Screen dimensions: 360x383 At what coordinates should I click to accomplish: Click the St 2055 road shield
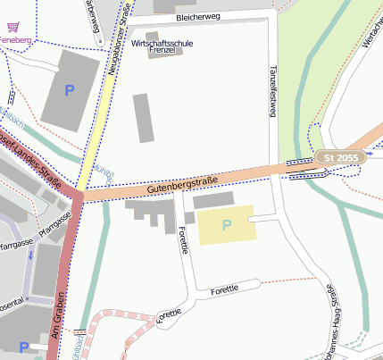tap(340, 158)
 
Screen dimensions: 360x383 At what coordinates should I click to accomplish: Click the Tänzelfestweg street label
tap(274, 89)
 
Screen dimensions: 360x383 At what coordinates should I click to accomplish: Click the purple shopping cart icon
tap(12, 29)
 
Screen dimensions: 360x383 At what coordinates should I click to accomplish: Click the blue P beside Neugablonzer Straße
tap(70, 90)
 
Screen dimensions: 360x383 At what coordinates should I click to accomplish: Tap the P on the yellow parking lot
tap(226, 225)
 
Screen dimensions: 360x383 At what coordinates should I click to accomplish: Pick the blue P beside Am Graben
tap(23, 347)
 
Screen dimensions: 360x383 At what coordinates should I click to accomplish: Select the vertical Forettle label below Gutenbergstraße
tap(184, 240)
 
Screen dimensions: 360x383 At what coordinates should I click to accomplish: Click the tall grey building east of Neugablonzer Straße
tap(143, 118)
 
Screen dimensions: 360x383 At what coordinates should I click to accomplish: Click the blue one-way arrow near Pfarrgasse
tap(30, 259)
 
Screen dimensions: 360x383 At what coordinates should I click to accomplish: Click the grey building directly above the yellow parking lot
tap(213, 199)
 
